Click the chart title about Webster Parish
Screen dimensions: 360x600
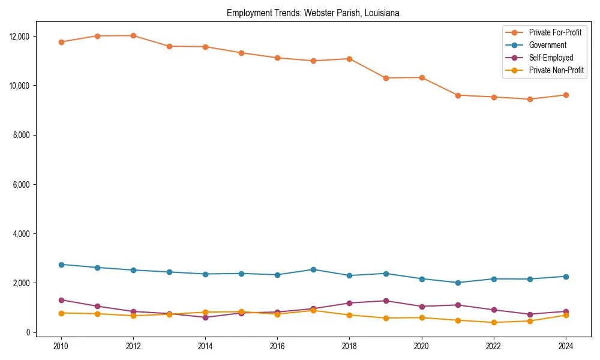click(313, 13)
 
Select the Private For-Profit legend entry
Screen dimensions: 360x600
click(555, 32)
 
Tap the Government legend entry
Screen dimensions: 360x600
click(547, 45)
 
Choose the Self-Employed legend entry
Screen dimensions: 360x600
click(551, 58)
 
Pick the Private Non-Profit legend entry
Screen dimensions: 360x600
click(556, 70)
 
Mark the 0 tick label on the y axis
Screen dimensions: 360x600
click(27, 332)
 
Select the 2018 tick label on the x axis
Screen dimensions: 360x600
click(349, 346)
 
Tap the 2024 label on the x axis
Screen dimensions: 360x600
click(565, 346)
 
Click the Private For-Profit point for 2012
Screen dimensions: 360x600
click(133, 35)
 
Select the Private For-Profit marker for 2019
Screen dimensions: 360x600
click(385, 78)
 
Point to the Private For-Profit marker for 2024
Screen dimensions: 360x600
click(565, 95)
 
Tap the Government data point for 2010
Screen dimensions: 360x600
click(61, 265)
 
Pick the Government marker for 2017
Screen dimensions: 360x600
click(313, 269)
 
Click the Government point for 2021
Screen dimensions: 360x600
click(457, 283)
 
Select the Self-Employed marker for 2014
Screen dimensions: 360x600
click(205, 317)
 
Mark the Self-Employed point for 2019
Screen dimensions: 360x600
click(385, 301)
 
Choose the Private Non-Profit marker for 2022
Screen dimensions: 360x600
click(493, 322)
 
